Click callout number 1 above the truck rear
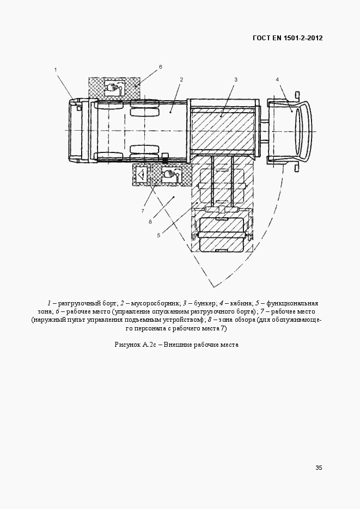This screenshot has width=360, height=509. (x=55, y=70)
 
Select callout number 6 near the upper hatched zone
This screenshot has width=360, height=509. (x=161, y=67)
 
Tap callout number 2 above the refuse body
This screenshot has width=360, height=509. (x=181, y=79)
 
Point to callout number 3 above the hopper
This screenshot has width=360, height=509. (x=236, y=79)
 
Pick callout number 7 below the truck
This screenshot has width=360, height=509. (x=142, y=211)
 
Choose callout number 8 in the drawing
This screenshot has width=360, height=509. (x=150, y=221)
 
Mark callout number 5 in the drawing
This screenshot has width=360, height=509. (x=158, y=235)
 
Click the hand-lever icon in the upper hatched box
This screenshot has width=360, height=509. (x=113, y=87)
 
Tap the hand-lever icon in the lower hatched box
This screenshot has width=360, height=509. (x=170, y=175)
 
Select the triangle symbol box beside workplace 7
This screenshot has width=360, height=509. (x=141, y=175)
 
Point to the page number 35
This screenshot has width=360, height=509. (x=319, y=468)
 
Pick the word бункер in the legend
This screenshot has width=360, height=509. (x=204, y=303)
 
